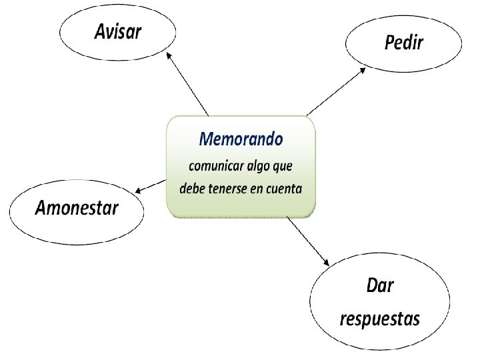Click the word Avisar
point(118,31)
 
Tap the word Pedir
point(404,43)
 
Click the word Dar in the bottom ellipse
point(380,286)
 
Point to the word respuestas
point(380,318)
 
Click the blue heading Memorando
point(241,139)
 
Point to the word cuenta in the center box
point(284,189)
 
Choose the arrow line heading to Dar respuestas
point(308,240)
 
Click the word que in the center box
point(288,166)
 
